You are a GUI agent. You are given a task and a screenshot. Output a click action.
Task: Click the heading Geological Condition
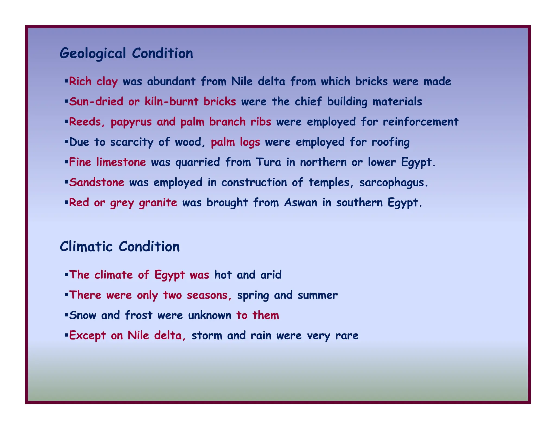126,53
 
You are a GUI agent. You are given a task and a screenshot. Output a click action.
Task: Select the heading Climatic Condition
120,247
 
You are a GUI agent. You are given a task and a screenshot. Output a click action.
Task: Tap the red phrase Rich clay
93,81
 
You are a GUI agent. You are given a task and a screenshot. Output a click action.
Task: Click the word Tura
268,162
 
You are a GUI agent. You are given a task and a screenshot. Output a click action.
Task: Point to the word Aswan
301,203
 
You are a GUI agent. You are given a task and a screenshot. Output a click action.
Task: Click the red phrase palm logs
235,142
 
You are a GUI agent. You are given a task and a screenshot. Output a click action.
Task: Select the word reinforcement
421,122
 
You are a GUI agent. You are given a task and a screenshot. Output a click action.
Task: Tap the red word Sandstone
97,182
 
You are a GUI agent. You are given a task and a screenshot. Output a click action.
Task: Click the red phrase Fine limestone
108,162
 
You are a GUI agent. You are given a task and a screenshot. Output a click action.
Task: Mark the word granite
158,203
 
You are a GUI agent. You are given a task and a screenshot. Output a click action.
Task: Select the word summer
318,295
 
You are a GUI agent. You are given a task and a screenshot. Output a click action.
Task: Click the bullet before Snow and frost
66,315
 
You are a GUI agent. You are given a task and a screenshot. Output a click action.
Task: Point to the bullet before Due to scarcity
66,142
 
